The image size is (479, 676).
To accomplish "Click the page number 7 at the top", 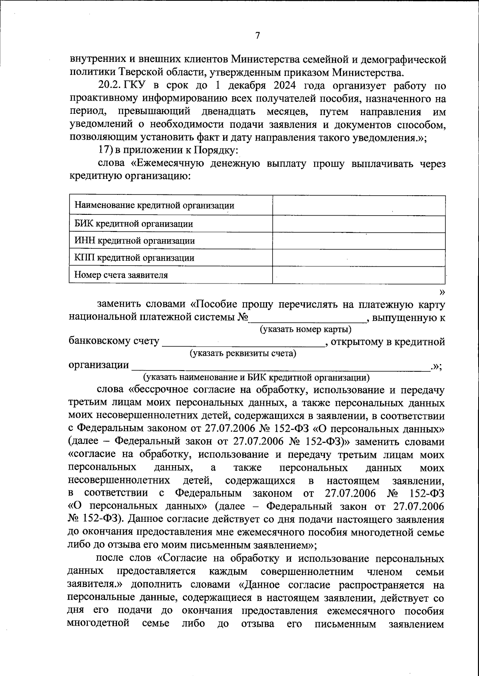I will (x=257, y=36).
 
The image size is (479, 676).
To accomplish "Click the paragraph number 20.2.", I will (x=111, y=86).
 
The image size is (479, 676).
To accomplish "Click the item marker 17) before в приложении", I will (x=105, y=151).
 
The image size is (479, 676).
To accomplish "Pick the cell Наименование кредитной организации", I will (x=154, y=206).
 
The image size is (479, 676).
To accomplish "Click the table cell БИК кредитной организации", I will (x=134, y=224).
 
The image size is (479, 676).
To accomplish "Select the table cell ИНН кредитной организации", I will (x=135, y=241).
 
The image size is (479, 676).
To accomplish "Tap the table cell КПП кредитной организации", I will (x=135, y=258).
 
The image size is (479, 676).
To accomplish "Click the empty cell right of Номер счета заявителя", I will (x=358, y=275).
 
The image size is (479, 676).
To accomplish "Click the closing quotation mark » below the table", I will (x=441, y=292).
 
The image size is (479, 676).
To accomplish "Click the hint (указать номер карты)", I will (x=305, y=329).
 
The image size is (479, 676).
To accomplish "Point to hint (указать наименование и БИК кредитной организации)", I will (x=256, y=377).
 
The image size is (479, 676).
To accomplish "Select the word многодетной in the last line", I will (x=99, y=623).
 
